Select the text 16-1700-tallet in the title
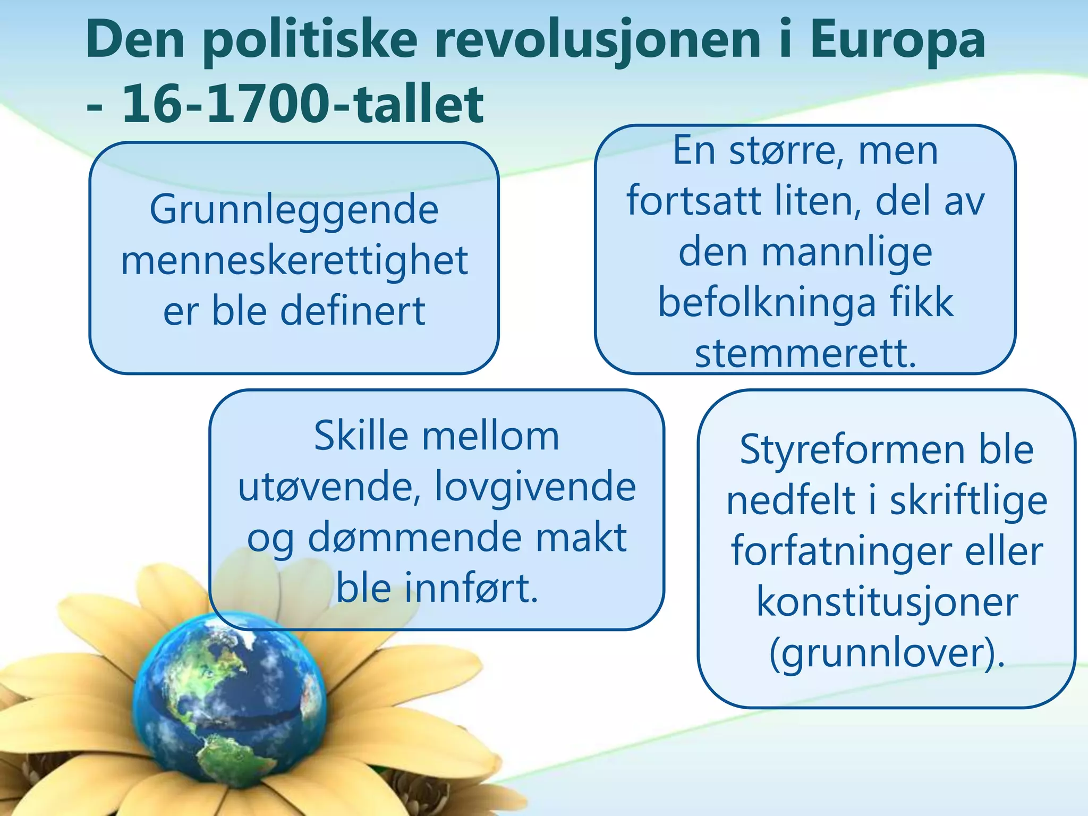pos(303,104)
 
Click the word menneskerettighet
pos(294,260)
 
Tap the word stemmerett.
pos(805,353)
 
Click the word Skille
pos(361,436)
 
